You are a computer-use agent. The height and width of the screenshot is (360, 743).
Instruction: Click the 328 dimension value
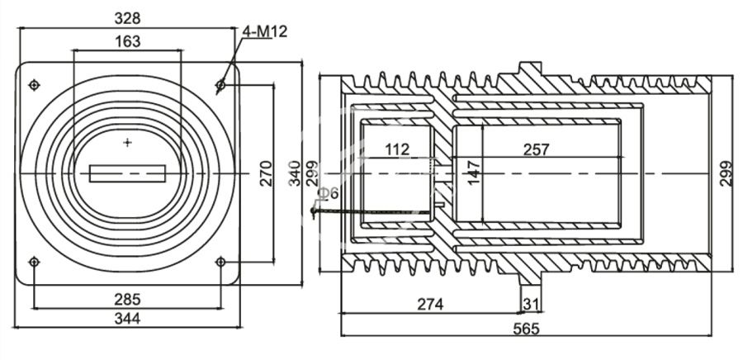tap(127, 17)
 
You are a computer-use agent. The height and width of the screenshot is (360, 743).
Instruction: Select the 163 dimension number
tap(127, 40)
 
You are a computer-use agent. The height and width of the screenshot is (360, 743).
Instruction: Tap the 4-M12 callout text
tap(265, 31)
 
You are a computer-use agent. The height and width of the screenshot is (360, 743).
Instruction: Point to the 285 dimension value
tap(127, 298)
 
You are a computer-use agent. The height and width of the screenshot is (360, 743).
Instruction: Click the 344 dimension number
tap(127, 318)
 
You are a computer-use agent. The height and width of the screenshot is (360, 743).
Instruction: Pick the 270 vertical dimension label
tap(267, 173)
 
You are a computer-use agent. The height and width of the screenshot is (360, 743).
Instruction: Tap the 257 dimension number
tap(537, 149)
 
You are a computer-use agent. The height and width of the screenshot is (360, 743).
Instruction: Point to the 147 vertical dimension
tap(474, 173)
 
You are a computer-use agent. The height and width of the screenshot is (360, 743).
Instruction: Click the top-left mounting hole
tap(34, 85)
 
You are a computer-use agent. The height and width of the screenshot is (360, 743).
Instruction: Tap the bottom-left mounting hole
tap(34, 263)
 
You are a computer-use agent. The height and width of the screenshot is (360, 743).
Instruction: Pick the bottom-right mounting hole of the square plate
tap(220, 263)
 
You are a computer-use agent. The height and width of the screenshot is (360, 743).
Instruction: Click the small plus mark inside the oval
tap(127, 143)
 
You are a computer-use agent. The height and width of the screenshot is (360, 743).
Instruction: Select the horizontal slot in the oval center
tap(127, 173)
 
